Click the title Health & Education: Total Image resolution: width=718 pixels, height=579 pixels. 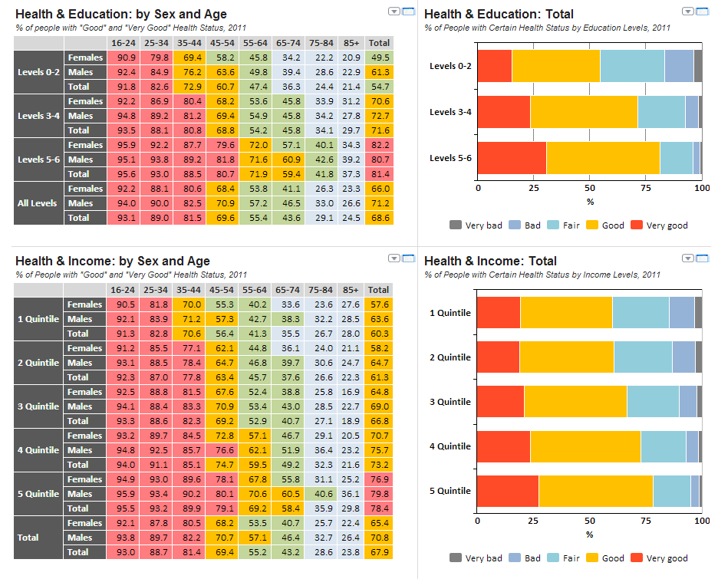pos(499,14)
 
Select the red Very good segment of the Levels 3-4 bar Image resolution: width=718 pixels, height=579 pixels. pos(503,112)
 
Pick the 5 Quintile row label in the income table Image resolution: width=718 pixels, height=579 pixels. pos(38,494)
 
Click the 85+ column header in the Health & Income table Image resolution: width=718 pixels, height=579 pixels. pos(351,290)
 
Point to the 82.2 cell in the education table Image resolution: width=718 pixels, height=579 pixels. pos(379,145)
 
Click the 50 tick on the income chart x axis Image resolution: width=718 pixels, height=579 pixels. pos(589,521)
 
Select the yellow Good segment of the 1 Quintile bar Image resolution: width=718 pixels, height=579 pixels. pos(566,313)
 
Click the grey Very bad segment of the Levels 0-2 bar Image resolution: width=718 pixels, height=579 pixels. pos(698,66)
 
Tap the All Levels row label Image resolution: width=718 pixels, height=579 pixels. pos(38,203)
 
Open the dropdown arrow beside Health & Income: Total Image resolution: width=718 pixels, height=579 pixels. pos(688,258)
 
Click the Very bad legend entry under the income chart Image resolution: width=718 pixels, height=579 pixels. pos(476,558)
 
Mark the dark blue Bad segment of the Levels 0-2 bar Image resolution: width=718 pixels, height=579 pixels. pos(679,66)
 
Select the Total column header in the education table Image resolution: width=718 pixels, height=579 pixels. pos(379,43)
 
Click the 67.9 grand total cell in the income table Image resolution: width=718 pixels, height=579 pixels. pos(379,552)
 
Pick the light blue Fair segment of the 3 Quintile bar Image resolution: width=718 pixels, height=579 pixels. pos(653,402)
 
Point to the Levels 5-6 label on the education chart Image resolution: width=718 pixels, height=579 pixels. pos(450,158)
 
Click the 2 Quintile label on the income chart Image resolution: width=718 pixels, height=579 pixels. pos(450,357)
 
